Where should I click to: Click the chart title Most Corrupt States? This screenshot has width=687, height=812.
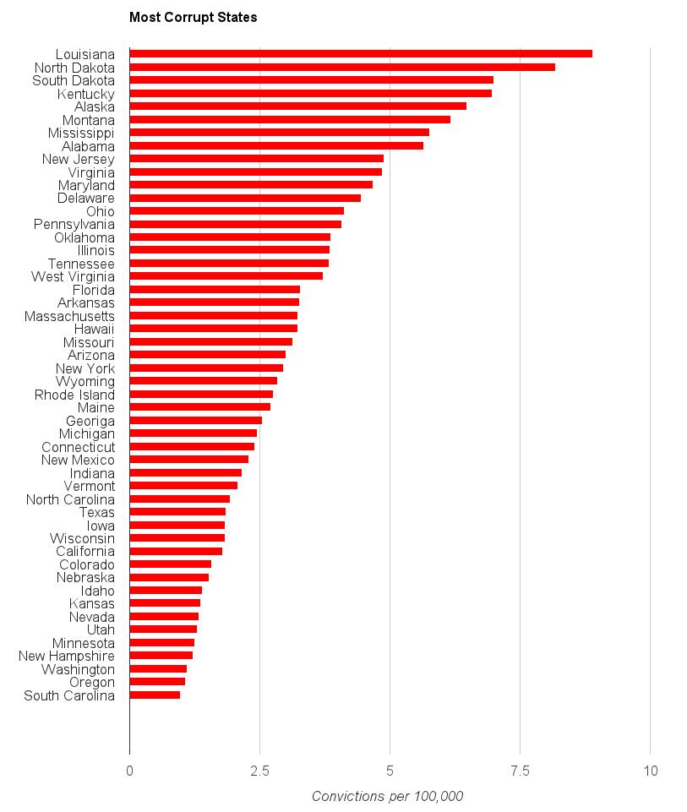(194, 17)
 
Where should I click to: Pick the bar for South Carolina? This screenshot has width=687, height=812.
(155, 695)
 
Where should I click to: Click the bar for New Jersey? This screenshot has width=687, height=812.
(256, 159)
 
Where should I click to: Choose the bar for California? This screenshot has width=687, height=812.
(176, 551)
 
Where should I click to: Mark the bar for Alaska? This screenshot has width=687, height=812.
(297, 106)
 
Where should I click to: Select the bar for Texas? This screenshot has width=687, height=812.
(177, 512)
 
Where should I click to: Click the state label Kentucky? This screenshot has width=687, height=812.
(86, 94)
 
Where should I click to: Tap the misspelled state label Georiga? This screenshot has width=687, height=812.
(90, 421)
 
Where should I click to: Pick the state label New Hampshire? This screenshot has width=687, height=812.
(67, 656)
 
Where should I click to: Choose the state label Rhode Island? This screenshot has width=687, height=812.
(74, 395)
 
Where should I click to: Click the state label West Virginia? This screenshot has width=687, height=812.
(73, 276)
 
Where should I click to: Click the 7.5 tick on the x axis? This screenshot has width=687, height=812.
(520, 771)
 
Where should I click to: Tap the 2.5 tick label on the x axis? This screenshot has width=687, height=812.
(259, 771)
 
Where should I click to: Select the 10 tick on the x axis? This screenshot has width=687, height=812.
(650, 771)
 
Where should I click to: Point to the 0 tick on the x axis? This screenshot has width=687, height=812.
(129, 771)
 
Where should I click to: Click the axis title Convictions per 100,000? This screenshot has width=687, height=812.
(388, 796)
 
